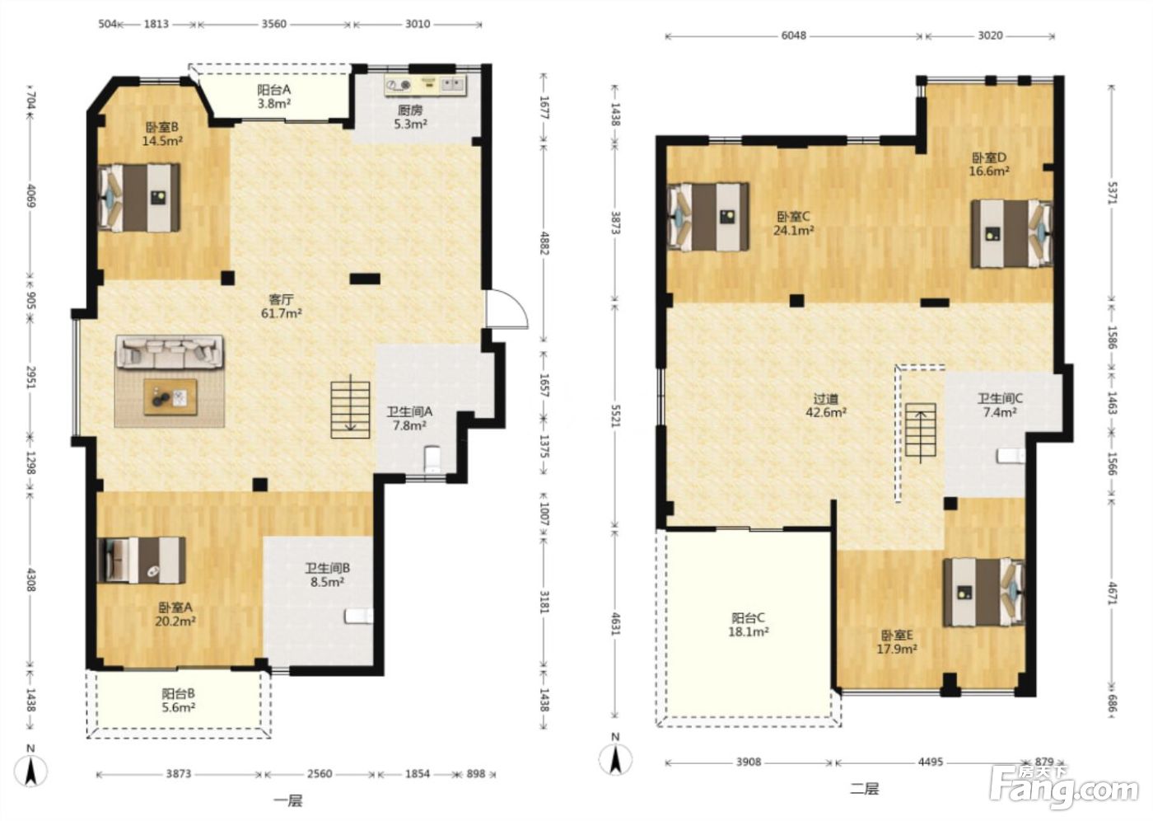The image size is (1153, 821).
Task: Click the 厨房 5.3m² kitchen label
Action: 410,117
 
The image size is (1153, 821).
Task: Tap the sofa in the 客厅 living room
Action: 170,352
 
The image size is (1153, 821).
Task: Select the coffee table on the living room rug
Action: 170,396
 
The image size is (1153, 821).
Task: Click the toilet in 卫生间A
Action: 432,459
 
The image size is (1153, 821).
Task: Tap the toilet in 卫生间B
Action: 359,616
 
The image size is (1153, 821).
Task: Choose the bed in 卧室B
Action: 139,198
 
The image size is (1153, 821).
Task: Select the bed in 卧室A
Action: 141,561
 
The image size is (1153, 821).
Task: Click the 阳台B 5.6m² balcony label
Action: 178,701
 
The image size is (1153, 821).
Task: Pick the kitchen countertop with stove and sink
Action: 425,86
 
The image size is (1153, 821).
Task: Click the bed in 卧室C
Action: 707,217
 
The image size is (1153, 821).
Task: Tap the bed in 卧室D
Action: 1011,234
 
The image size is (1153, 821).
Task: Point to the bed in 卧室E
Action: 983,593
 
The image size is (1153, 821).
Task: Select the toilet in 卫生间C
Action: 1011,456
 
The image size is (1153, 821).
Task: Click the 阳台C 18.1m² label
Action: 749,624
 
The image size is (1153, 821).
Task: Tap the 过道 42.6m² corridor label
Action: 825,406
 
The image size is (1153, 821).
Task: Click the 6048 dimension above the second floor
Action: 794,35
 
